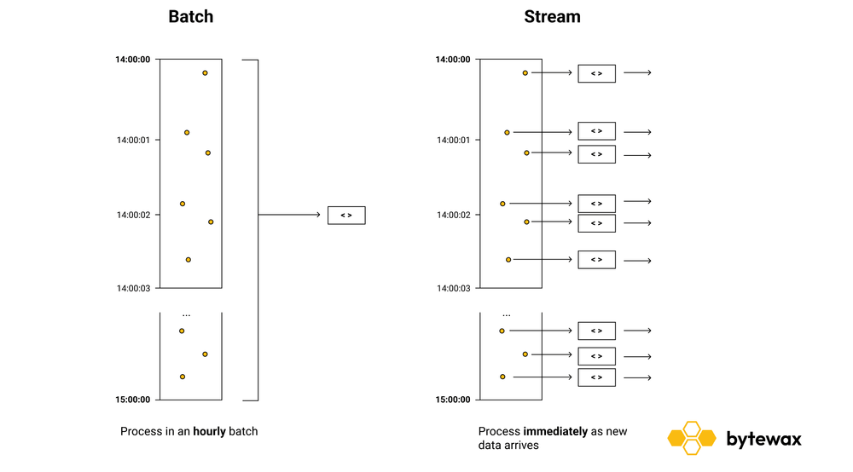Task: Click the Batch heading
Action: [190, 16]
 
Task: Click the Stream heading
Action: [551, 16]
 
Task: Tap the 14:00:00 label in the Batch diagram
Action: [133, 60]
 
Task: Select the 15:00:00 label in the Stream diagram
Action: [453, 400]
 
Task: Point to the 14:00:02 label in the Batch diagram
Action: [133, 215]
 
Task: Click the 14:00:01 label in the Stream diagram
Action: [453, 140]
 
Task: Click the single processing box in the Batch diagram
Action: [346, 216]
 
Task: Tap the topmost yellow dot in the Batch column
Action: [205, 73]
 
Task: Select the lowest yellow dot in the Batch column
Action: [183, 377]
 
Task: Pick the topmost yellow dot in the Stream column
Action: [525, 73]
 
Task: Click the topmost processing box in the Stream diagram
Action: [596, 74]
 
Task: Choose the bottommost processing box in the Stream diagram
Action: [596, 377]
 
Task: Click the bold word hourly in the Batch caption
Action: [209, 431]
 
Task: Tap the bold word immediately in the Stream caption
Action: [555, 431]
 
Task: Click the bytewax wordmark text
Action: [763, 439]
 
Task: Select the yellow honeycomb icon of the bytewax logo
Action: [692, 438]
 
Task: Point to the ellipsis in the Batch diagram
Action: [187, 315]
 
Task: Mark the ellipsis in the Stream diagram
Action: [507, 315]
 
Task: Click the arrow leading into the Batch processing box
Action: [290, 215]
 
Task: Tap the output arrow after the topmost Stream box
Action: [637, 73]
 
